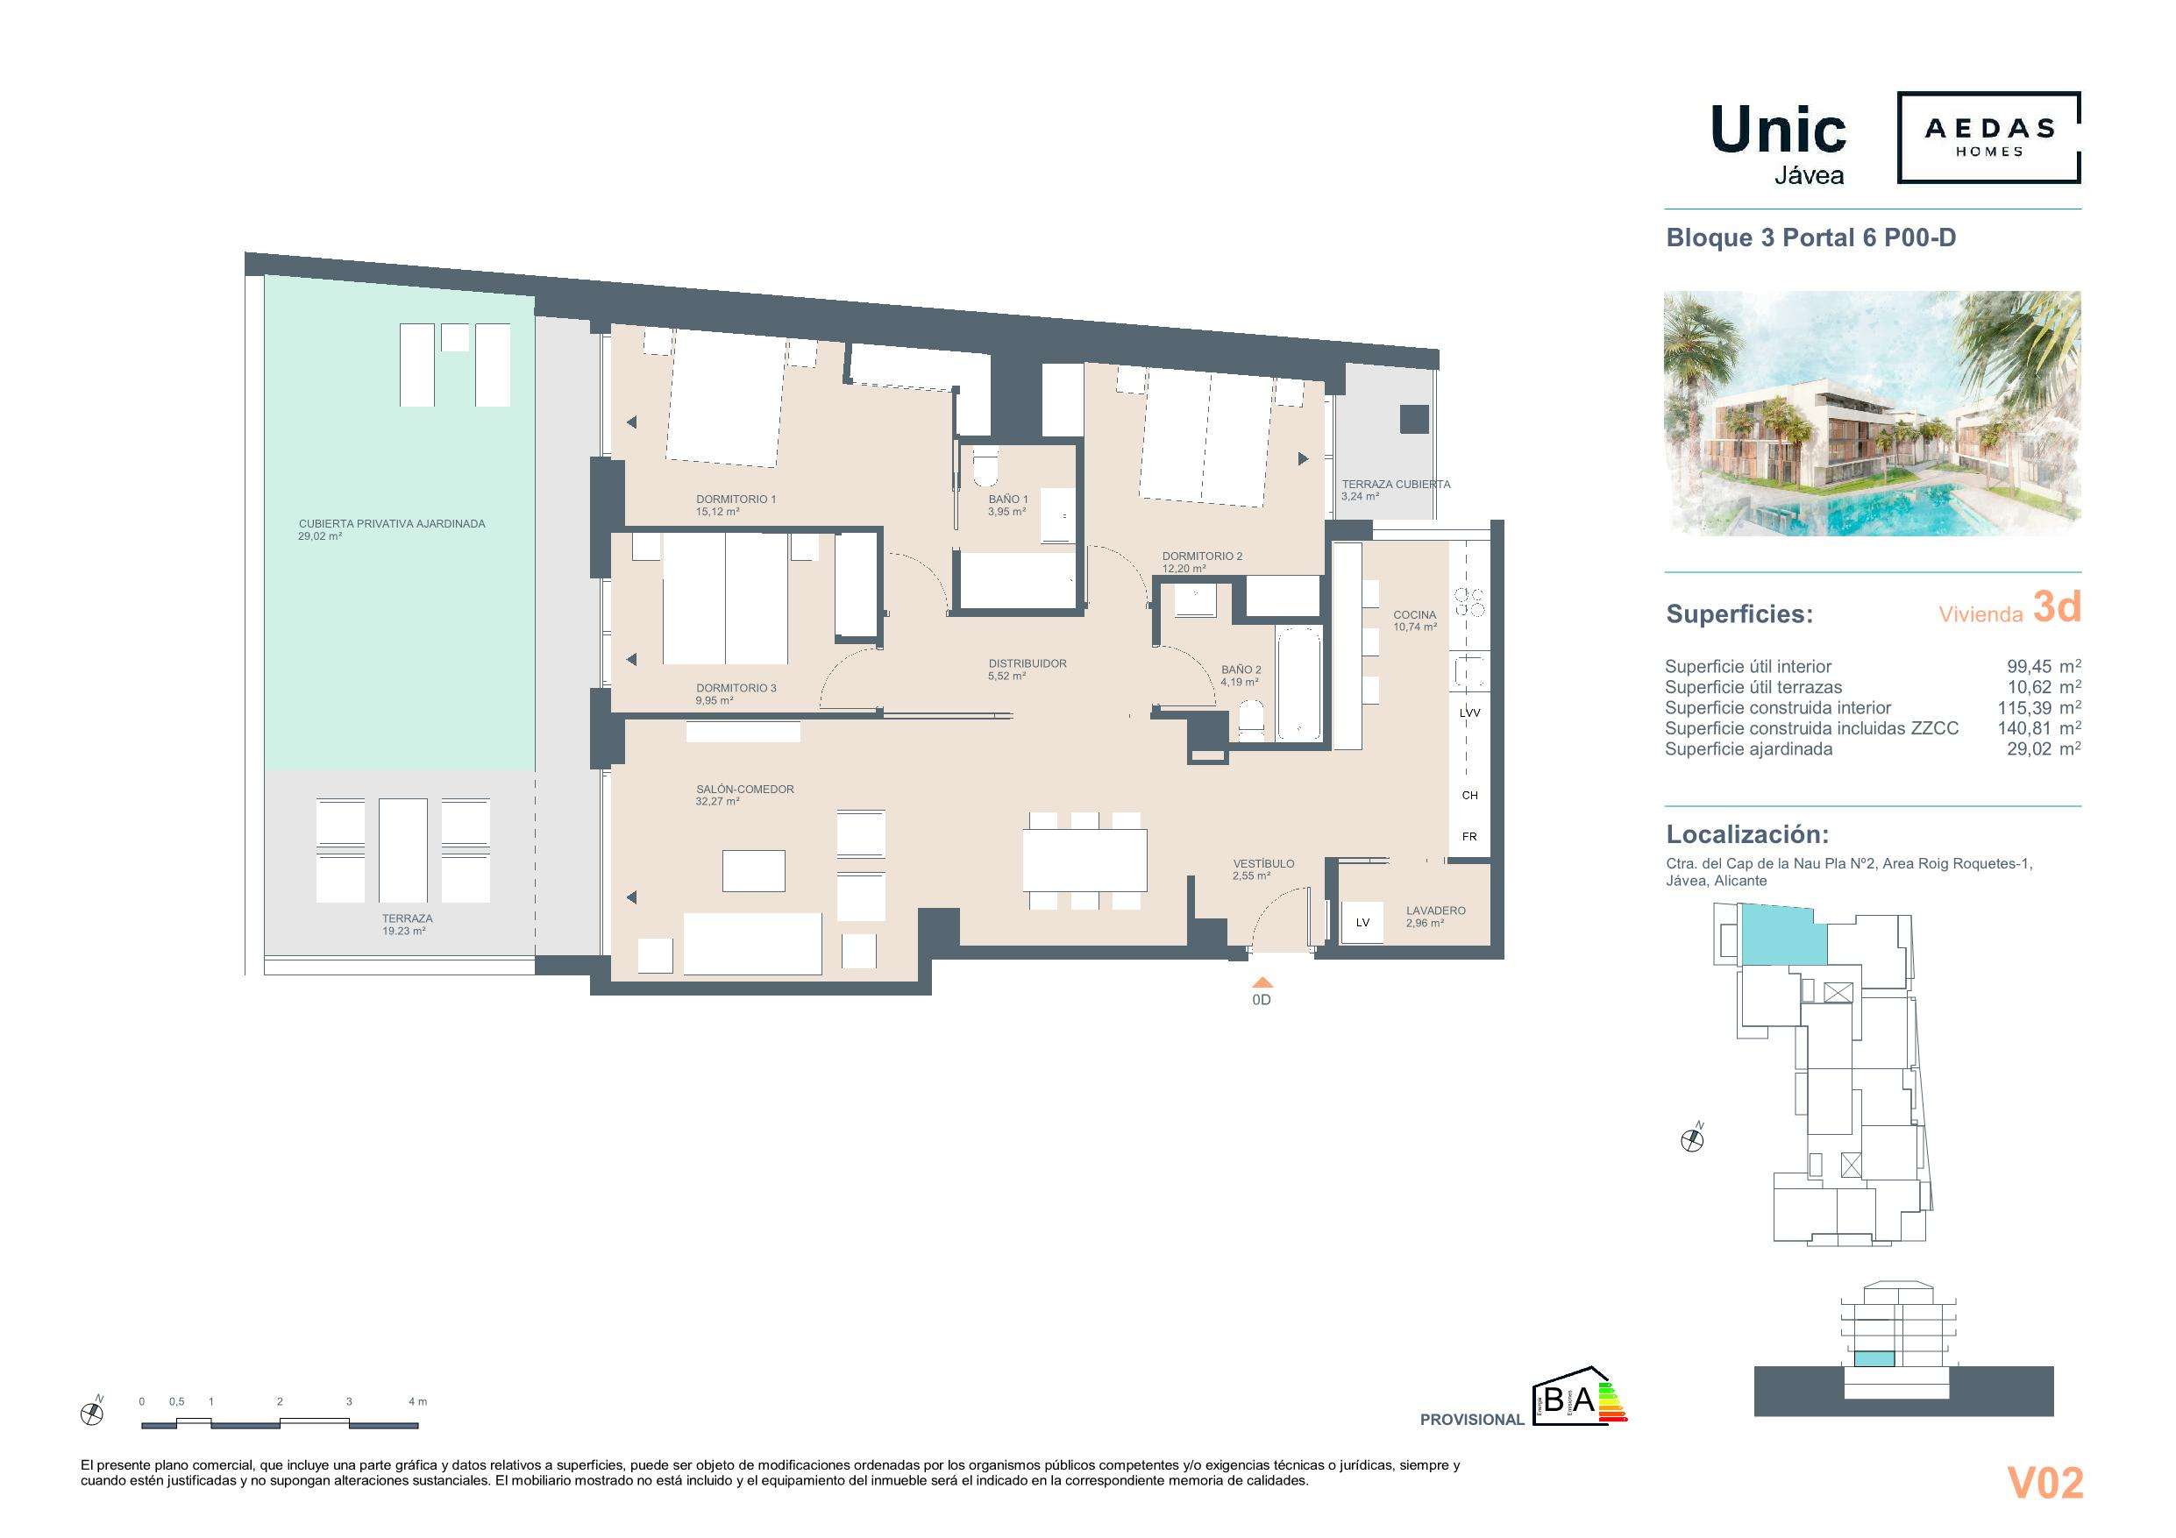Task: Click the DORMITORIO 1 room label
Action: pyautogui.click(x=736, y=500)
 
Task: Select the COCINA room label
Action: pyautogui.click(x=1414, y=615)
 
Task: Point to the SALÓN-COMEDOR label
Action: pyautogui.click(x=744, y=790)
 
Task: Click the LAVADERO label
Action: pyautogui.click(x=1435, y=911)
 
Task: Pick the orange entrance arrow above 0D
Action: pyautogui.click(x=1262, y=982)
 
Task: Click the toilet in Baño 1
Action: pyautogui.click(x=985, y=467)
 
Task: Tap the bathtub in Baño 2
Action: pyautogui.click(x=1298, y=683)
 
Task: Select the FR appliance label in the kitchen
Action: pyautogui.click(x=1469, y=837)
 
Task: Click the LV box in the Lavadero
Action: pyautogui.click(x=1362, y=922)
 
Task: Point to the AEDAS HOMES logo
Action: pyautogui.click(x=1988, y=138)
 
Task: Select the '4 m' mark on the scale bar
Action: pyautogui.click(x=417, y=1400)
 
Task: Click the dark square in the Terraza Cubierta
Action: pyautogui.click(x=1414, y=419)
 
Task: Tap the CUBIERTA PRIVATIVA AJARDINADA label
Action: pyautogui.click(x=391, y=524)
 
